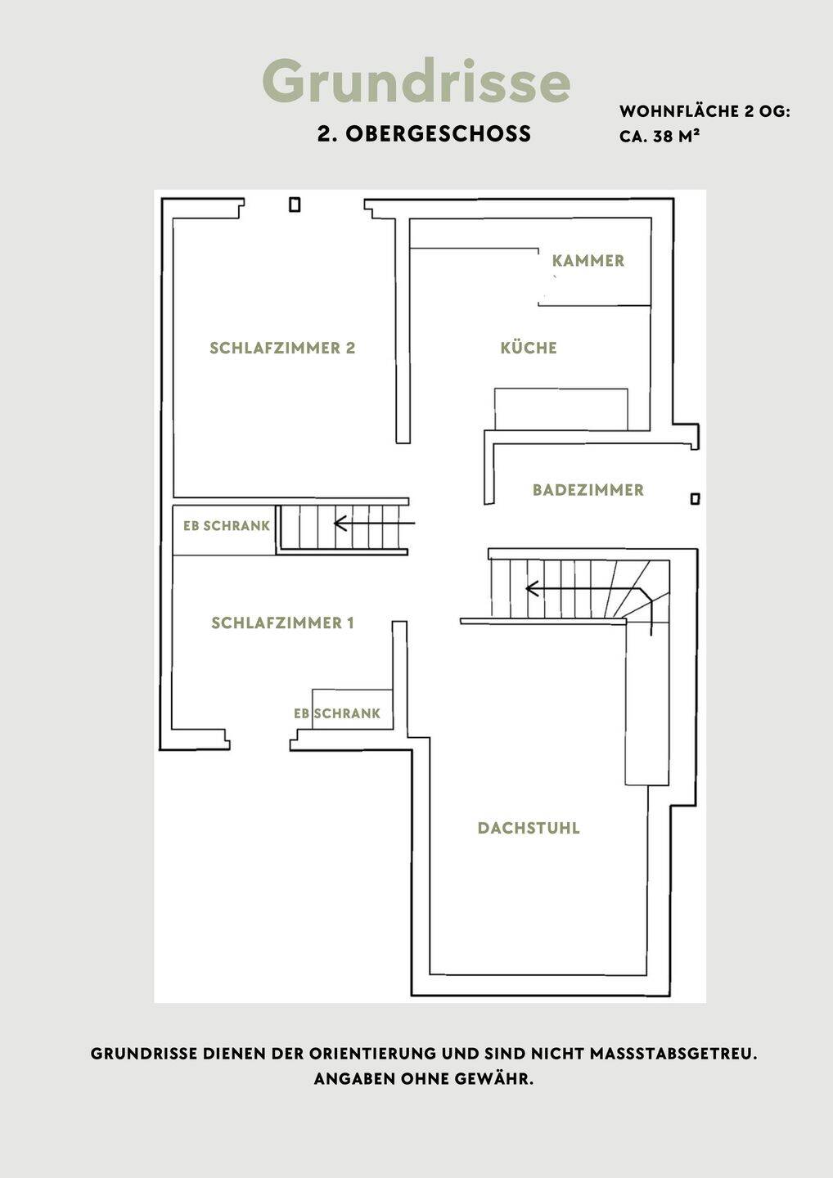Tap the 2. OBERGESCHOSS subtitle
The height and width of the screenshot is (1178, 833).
[x=424, y=134]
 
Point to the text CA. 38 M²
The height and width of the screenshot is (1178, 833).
[x=660, y=136]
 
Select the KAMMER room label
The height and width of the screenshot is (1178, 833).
[x=588, y=261]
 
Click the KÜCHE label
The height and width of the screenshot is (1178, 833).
[x=529, y=348]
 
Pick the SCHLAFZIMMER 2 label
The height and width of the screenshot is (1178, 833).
[x=282, y=348]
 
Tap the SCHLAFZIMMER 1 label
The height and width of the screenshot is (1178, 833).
[x=282, y=623]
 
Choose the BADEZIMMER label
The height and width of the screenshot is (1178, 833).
[x=588, y=490]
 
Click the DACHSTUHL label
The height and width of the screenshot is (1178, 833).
[x=529, y=828]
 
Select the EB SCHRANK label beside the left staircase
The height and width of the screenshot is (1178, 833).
[x=226, y=526]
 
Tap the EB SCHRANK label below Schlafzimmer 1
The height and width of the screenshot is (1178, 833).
[x=337, y=713]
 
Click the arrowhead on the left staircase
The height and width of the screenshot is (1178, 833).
[x=340, y=524]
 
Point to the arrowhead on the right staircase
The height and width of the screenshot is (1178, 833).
[x=532, y=589]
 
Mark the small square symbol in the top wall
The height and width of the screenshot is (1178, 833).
[x=295, y=205]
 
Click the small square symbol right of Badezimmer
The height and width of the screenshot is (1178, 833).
[x=696, y=498]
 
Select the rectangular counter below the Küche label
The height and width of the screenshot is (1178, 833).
[x=561, y=409]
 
